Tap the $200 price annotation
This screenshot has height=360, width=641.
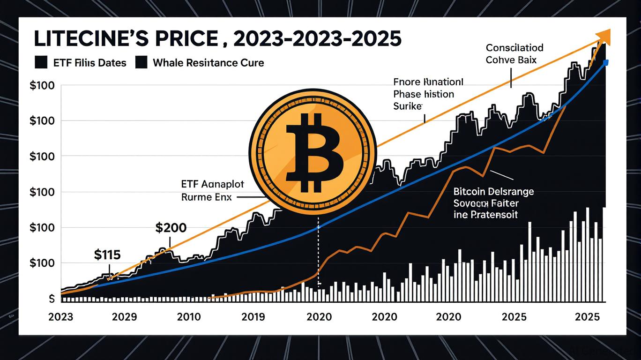171,228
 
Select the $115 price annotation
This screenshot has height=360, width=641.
107,255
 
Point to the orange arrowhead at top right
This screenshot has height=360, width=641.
604,35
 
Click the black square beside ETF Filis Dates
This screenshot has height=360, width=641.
41,62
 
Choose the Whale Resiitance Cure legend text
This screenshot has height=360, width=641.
208,62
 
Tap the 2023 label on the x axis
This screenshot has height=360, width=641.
60,316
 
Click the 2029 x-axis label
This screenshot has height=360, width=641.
125,316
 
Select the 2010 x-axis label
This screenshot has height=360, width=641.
189,316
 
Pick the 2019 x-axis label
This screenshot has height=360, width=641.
253,316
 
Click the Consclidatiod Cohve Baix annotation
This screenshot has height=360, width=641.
514,53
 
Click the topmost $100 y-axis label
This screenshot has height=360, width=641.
42,86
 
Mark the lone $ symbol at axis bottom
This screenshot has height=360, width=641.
52,299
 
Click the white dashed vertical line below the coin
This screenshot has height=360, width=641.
319,253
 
